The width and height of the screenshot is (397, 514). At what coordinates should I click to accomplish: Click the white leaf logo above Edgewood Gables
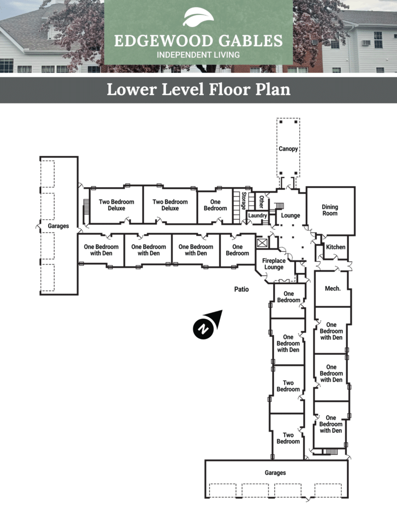coord(198,17)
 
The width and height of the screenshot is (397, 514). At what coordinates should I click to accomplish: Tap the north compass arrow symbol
coord(207,325)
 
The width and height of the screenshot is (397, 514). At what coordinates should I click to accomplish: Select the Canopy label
coord(288,149)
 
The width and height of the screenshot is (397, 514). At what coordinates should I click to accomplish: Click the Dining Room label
coord(330,210)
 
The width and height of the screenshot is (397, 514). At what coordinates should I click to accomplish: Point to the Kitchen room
coord(335,247)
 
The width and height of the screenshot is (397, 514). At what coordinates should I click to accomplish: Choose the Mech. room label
coord(333,289)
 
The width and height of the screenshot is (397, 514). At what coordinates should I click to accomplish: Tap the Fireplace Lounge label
coord(274,264)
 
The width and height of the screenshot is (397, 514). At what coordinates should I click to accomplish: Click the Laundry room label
coord(257,215)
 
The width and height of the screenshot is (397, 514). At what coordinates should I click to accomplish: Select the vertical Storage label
coord(243,201)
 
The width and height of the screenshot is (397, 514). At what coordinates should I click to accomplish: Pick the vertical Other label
coord(261,202)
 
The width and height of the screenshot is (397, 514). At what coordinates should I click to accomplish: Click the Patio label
coord(241,289)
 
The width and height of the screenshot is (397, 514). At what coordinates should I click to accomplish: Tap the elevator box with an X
coord(262,243)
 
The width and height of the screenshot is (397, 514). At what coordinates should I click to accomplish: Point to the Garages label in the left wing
coord(58,226)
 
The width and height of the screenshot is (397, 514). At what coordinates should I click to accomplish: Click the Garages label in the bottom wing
coord(276,473)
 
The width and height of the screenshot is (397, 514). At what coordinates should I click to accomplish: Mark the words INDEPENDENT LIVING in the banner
coord(198,55)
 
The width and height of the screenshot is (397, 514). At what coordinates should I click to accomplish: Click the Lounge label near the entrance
coord(291,215)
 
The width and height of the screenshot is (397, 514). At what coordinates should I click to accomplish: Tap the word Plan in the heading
coord(273,89)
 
